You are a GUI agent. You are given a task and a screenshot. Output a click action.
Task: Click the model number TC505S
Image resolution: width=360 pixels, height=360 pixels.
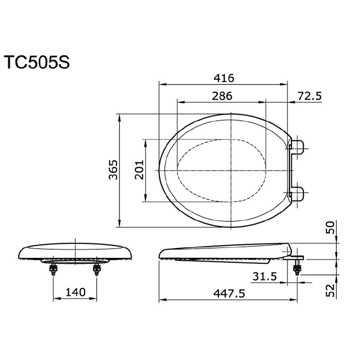pyautogui.click(x=36, y=63)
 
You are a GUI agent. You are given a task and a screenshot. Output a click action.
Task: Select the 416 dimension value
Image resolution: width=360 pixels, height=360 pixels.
pyautogui.click(x=223, y=78)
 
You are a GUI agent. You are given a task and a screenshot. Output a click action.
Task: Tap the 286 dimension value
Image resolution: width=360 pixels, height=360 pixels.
pyautogui.click(x=222, y=96)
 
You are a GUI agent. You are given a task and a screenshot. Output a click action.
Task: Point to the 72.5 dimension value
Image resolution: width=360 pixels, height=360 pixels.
pyautogui.click(x=309, y=96)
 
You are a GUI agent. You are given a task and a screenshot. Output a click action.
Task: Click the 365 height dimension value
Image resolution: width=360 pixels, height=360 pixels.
pyautogui.click(x=113, y=170)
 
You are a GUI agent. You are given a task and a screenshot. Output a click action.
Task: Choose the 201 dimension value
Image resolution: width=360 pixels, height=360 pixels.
pyautogui.click(x=139, y=170)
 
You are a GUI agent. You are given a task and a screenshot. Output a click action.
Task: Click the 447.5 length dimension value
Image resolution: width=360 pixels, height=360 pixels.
pyautogui.click(x=229, y=293)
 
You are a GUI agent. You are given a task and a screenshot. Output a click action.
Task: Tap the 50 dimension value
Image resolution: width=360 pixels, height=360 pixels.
pyautogui.click(x=330, y=227)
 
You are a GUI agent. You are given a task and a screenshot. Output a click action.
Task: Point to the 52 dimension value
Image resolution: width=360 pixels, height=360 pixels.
pyautogui.click(x=330, y=290)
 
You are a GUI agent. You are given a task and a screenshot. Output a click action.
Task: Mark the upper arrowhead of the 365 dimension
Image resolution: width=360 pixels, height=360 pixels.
pyautogui.click(x=119, y=117)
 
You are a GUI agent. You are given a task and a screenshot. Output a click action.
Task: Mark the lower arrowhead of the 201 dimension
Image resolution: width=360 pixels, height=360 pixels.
pyautogui.click(x=145, y=199)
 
